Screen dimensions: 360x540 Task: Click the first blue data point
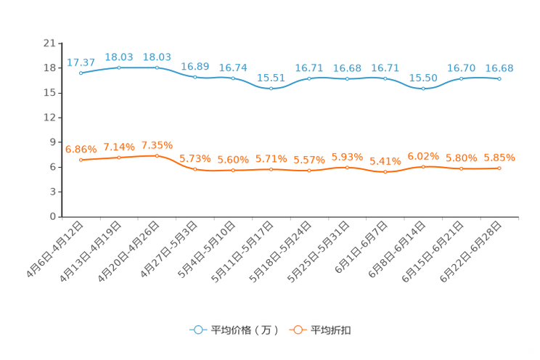81,73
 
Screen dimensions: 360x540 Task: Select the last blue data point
499,78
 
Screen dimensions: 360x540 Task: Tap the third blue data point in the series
157,67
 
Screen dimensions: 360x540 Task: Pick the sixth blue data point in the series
271,88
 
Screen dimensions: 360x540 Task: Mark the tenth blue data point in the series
423,88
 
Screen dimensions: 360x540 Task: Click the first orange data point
81,160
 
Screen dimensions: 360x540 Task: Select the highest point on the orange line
157,155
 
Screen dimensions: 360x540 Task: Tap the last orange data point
499,168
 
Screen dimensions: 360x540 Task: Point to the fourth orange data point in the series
195,168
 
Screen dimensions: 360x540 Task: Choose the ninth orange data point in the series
385,171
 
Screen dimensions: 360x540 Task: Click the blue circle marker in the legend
198,330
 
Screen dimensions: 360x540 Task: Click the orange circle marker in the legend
298,330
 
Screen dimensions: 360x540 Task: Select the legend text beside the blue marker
245,330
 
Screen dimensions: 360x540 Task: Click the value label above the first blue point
81,62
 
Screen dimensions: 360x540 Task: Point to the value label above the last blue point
499,67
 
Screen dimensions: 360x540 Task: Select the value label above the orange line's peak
157,144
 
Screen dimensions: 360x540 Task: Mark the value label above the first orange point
81,149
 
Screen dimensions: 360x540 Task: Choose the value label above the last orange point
499,157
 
